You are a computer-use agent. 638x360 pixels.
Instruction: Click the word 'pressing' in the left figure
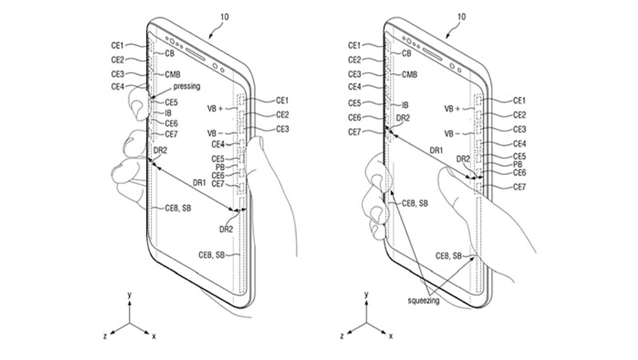[187, 86]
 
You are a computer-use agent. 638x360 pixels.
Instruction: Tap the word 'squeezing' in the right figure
[424, 300]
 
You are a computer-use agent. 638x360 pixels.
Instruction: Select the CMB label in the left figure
[172, 74]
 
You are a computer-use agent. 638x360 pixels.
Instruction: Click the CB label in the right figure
[407, 53]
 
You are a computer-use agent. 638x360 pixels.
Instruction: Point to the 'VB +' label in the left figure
[215, 108]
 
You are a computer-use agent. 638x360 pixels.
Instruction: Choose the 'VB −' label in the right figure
[452, 133]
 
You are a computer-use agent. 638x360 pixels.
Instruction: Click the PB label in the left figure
[220, 166]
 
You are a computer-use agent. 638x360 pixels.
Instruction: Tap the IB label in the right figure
[405, 105]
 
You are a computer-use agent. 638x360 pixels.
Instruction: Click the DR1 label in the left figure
[199, 182]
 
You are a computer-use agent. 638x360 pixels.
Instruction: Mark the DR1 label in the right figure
[436, 150]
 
